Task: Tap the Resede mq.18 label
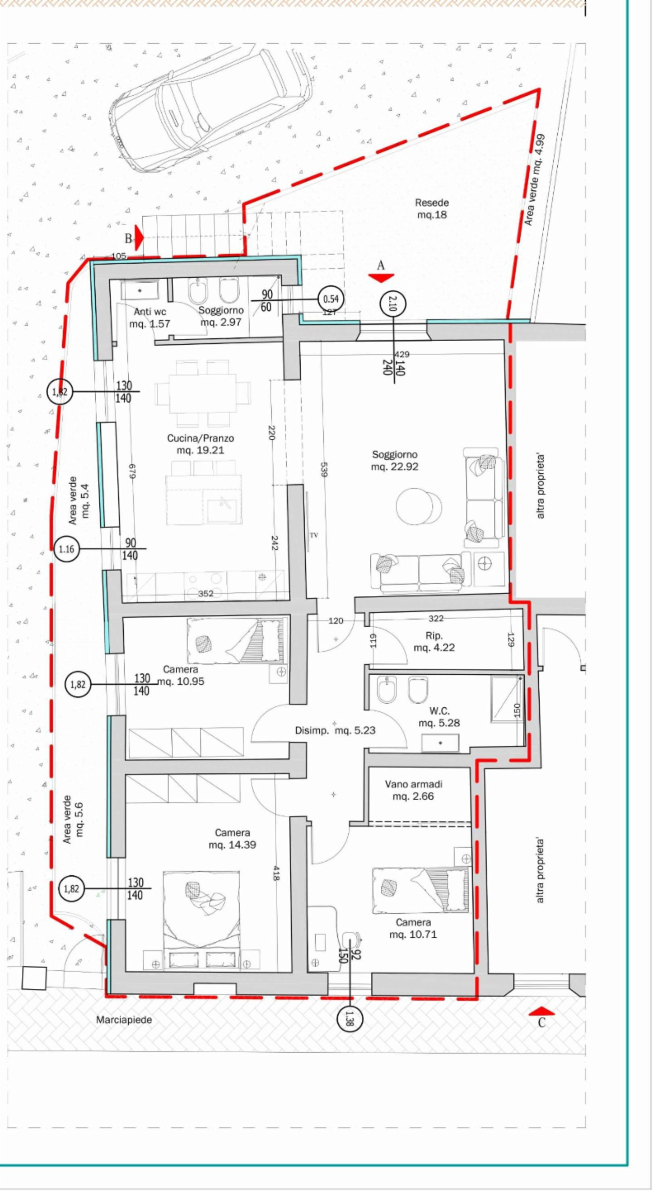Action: (431, 209)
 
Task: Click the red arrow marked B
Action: (139, 237)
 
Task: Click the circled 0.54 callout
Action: (331, 299)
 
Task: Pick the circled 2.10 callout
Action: (393, 304)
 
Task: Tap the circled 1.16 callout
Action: (66, 548)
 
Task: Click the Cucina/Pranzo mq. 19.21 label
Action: (200, 444)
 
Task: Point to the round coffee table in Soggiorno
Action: (419, 507)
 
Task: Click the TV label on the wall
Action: (314, 535)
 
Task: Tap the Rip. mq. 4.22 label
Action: (434, 641)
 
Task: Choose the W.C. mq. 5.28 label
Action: (440, 717)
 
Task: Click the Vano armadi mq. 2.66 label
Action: (413, 790)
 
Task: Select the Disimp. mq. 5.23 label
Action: (336, 730)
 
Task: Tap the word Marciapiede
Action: (124, 1020)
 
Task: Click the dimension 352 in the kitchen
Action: (206, 593)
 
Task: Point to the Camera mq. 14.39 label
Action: (233, 839)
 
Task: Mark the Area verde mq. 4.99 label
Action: (534, 179)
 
